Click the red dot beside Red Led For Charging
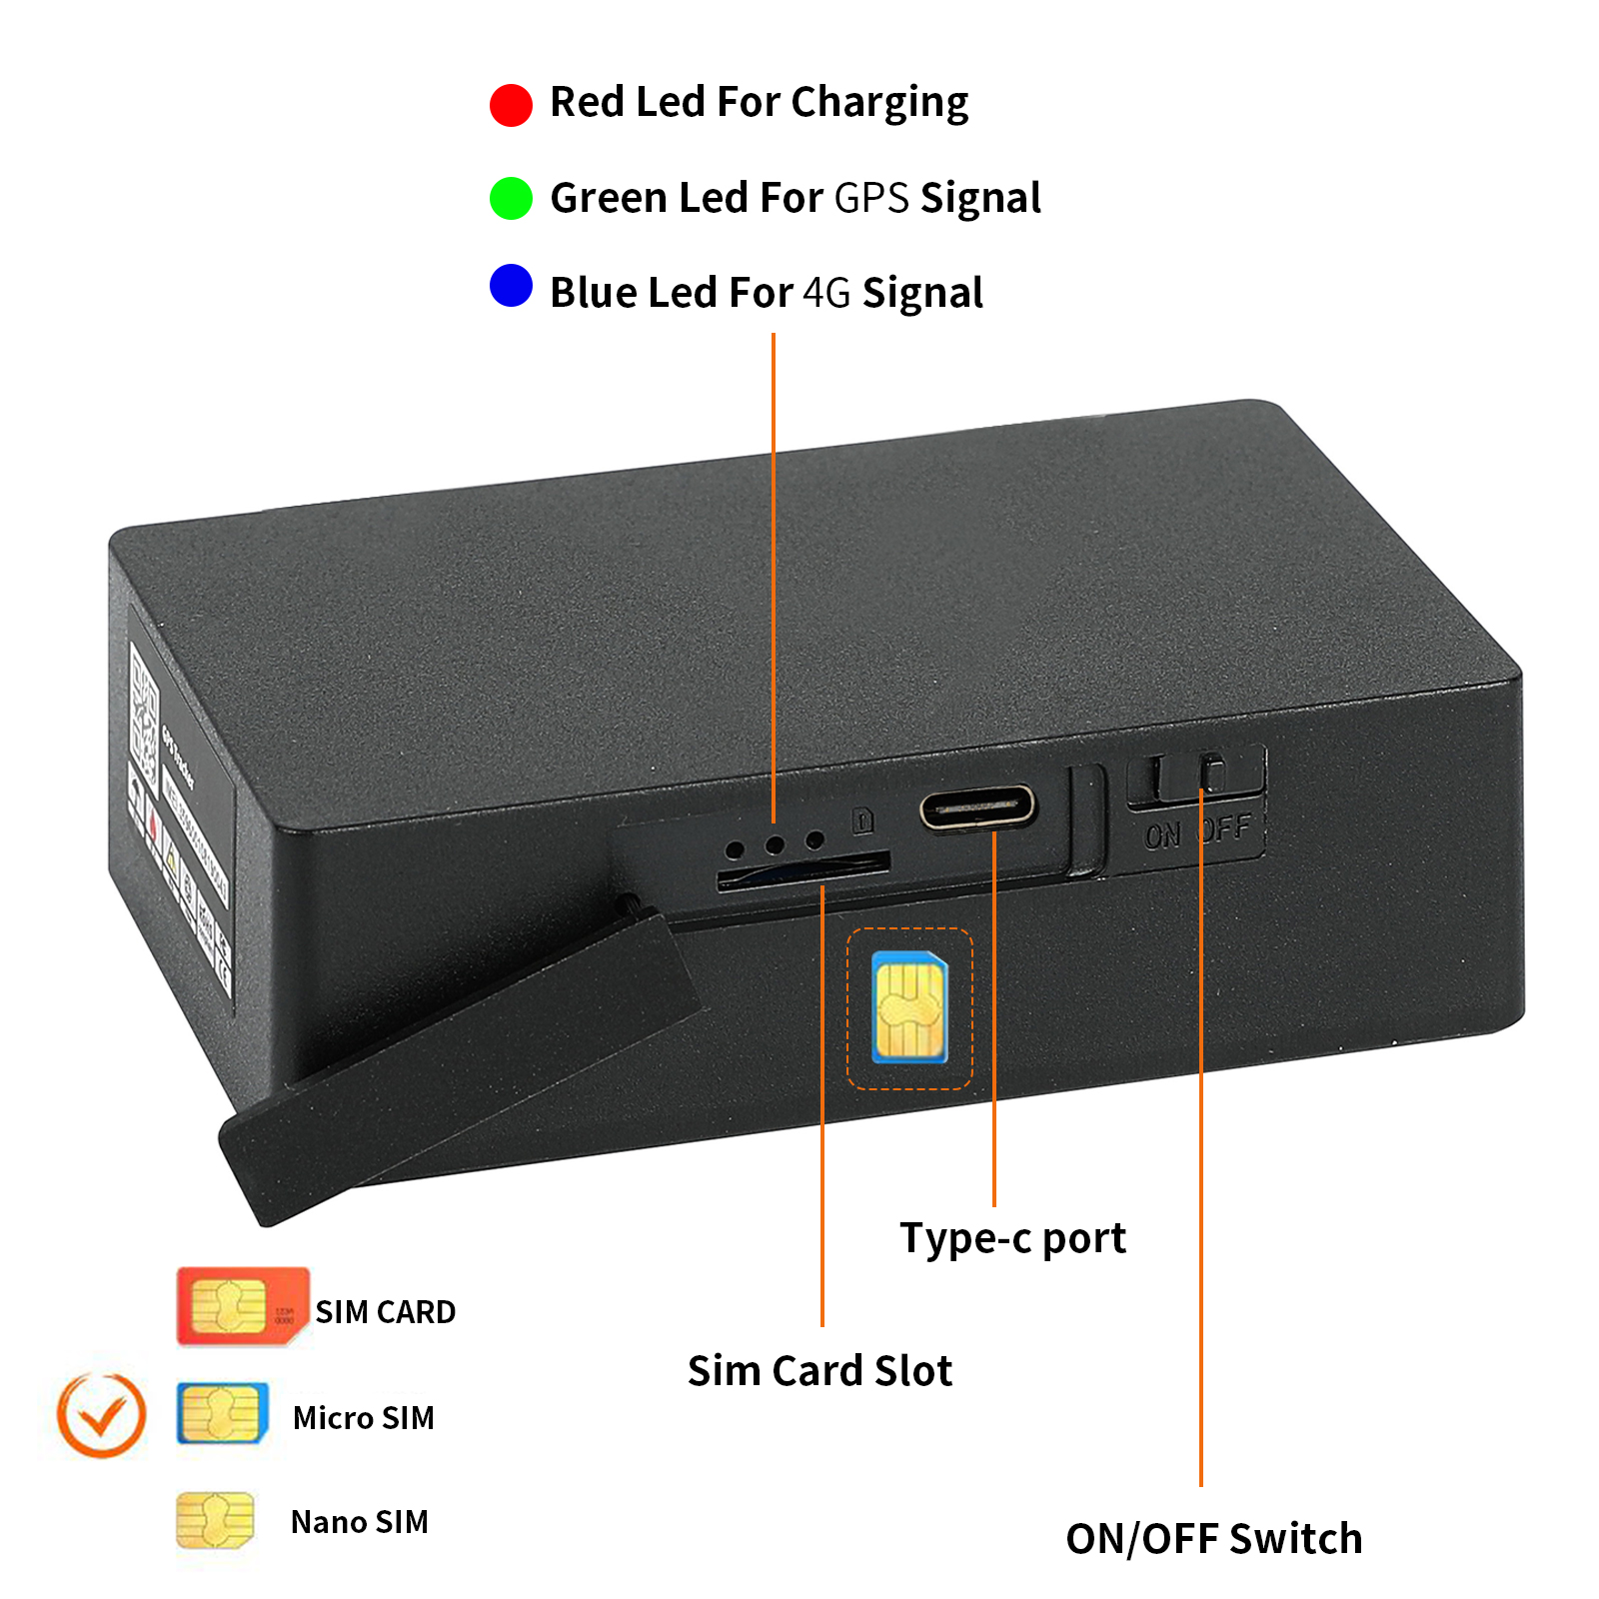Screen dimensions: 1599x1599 (x=511, y=105)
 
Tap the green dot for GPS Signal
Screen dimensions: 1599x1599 (x=511, y=198)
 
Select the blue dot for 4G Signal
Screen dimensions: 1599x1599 (x=511, y=286)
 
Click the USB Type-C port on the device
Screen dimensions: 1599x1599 (x=978, y=806)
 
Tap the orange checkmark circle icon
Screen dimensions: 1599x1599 (x=101, y=1415)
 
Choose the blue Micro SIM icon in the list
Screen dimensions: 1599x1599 (x=222, y=1413)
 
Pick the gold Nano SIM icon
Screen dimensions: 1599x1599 (x=215, y=1520)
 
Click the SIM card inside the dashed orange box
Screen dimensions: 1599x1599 (x=909, y=1007)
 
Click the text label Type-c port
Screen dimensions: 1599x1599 (x=1012, y=1238)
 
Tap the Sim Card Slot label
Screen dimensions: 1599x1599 (x=819, y=1371)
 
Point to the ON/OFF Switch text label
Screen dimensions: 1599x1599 (x=1213, y=1539)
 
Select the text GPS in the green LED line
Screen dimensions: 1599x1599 (x=871, y=198)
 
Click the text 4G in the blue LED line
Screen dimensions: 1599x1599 (x=826, y=293)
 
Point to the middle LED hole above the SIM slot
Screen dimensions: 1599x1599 (x=774, y=844)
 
